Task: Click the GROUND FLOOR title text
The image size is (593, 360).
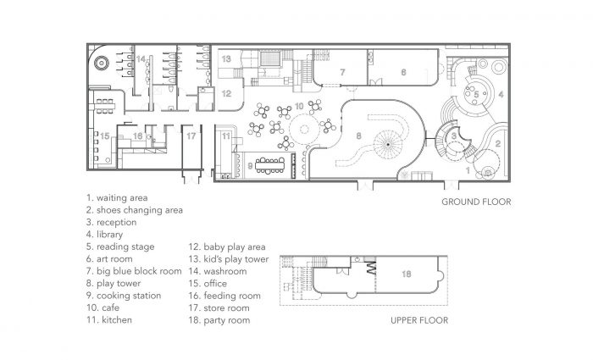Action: click(x=474, y=202)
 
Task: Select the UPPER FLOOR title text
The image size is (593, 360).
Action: click(x=419, y=320)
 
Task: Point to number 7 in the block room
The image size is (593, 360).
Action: click(x=342, y=73)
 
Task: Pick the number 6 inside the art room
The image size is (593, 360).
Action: click(x=403, y=73)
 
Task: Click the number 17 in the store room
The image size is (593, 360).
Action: click(x=191, y=136)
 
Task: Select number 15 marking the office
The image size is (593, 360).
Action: click(x=104, y=136)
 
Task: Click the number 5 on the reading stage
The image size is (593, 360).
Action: click(x=477, y=94)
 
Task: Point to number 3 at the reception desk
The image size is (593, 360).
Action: click(x=453, y=135)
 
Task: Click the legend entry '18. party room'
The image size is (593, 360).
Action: click(x=221, y=320)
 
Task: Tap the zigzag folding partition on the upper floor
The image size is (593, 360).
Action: click(x=369, y=272)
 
